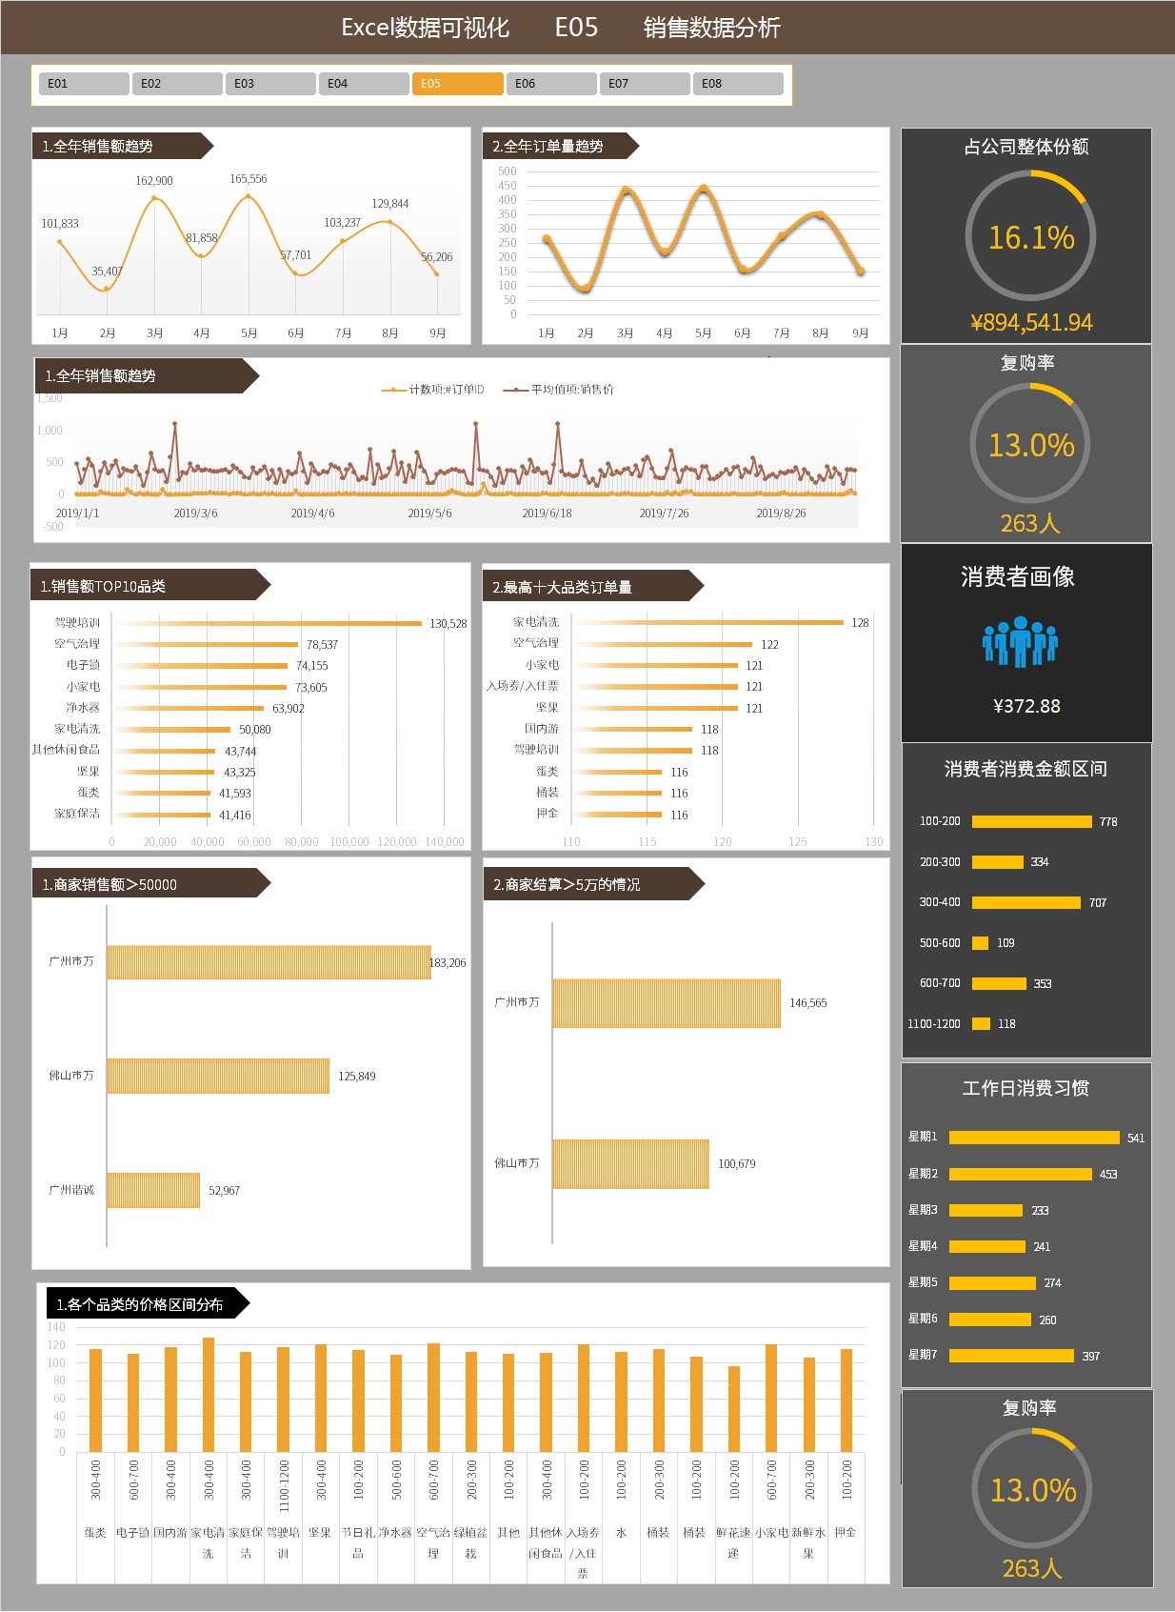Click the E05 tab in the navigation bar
[457, 84]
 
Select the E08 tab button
[737, 84]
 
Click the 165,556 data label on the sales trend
[248, 179]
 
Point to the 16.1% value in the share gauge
[1030, 237]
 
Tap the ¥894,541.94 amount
[1031, 323]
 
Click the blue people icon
[1020, 641]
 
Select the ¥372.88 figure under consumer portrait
[1026, 706]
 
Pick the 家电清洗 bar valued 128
[708, 622]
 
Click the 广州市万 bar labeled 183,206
[269, 962]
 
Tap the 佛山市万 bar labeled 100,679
[630, 1163]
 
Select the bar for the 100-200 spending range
[1031, 821]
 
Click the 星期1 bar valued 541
[1033, 1138]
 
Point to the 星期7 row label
[923, 1355]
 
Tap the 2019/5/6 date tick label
[429, 514]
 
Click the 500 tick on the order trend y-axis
[507, 171]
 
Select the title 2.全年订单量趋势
[548, 147]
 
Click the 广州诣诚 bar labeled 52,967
[153, 1190]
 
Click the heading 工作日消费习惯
[1026, 1088]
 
